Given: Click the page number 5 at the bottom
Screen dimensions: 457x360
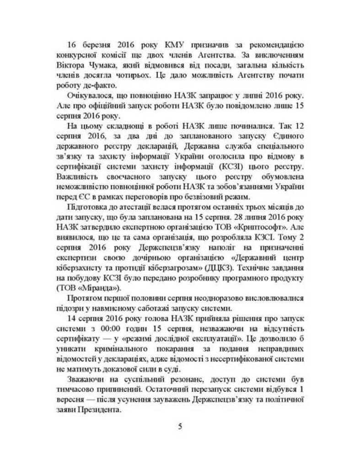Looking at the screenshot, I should coord(180,427).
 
